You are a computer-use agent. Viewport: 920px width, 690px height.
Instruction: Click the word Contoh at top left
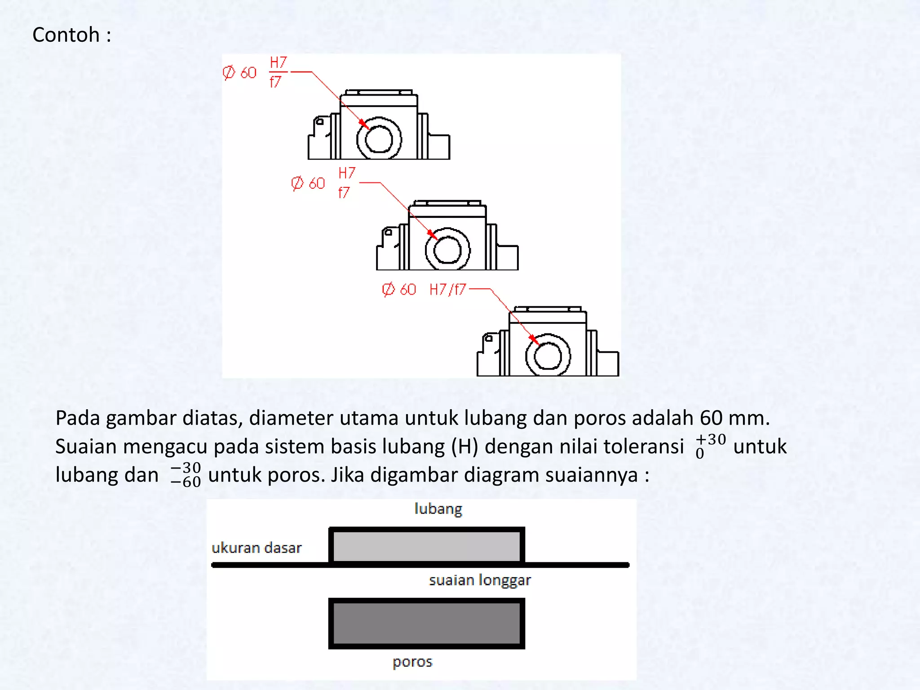66,35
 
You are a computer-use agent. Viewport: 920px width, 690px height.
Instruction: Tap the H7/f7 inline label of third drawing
447,290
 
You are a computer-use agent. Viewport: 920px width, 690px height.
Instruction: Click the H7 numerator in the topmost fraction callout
278,62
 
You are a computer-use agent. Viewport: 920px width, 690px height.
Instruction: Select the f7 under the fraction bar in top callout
275,82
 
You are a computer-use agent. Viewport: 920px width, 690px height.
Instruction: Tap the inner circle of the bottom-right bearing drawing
548,356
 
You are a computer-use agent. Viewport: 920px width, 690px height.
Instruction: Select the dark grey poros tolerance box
426,624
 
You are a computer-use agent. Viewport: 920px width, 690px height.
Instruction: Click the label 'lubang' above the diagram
438,509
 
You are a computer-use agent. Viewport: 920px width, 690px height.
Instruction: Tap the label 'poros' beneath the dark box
412,662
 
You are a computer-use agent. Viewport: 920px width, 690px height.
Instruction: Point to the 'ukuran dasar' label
256,548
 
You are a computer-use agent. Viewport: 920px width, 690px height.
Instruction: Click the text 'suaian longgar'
479,580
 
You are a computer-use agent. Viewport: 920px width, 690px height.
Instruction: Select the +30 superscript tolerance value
711,439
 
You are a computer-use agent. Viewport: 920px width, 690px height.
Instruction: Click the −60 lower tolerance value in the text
186,482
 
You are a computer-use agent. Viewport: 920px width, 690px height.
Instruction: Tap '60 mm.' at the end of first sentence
734,418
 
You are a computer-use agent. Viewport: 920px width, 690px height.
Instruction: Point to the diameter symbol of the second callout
297,183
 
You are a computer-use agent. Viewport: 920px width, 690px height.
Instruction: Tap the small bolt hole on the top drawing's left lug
320,121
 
